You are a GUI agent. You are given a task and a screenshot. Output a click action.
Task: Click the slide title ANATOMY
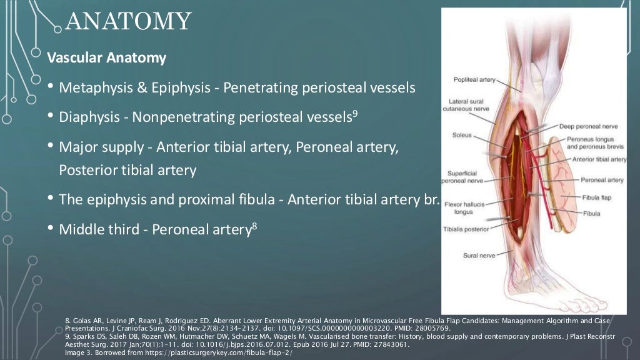pos(128,22)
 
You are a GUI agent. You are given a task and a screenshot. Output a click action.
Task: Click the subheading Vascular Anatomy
pos(107,59)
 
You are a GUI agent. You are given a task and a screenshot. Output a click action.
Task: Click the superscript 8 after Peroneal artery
pos(254,226)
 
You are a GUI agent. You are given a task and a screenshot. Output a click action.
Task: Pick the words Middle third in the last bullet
pos(95,229)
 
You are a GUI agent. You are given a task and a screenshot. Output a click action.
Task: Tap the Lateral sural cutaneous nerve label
pos(469,104)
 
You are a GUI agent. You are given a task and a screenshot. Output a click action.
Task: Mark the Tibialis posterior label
pos(466,229)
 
